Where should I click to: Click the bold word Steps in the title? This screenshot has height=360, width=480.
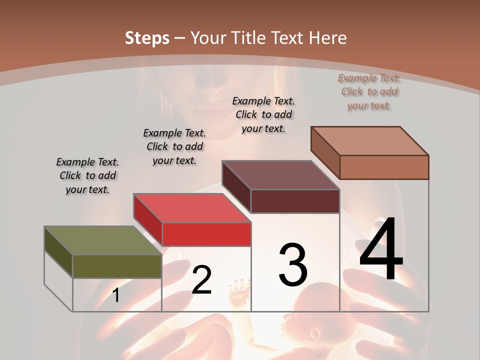pos(147,38)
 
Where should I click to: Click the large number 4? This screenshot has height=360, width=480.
pos(381,249)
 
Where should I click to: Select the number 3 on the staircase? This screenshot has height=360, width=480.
pos(293,265)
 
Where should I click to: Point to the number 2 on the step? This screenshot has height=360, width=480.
pos(201,280)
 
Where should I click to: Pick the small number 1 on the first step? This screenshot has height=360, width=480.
pos(116,295)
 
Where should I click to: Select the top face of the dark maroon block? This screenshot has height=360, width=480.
pos(280,175)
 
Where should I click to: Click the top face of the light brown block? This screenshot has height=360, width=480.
pos(370,141)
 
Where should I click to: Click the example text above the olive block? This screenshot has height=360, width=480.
pos(87,175)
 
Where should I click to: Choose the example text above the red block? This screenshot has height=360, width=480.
pos(174,146)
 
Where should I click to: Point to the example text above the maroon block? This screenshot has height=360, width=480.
pos(263,114)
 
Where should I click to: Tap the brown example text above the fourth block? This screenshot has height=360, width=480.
pos(369,91)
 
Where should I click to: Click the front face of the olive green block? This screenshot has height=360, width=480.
pos(117,266)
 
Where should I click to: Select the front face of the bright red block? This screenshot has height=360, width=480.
pos(206,234)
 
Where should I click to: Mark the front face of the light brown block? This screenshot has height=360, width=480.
pos(384,167)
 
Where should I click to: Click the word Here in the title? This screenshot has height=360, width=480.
pos(327,38)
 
